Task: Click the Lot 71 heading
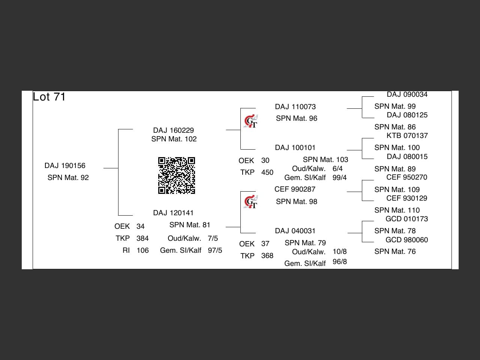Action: pos(49,97)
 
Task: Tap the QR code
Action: pos(177,175)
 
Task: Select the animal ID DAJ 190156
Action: pos(65,165)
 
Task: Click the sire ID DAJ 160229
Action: pos(173,130)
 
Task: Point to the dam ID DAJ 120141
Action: pos(173,213)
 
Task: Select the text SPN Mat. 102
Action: pos(174,139)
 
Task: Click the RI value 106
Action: pos(142,250)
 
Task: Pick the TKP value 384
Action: pos(142,238)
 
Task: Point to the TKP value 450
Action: pos(267,172)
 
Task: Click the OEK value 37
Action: pos(265,244)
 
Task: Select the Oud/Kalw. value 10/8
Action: pos(339,251)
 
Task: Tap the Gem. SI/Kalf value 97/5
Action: pos(215,250)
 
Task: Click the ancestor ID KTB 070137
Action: pos(407,135)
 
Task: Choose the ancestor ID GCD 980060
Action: pos(407,240)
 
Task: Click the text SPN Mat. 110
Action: pos(397,210)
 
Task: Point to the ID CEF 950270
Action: pos(407,177)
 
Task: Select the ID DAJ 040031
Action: pos(295,231)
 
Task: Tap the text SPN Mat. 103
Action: pos(325,159)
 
